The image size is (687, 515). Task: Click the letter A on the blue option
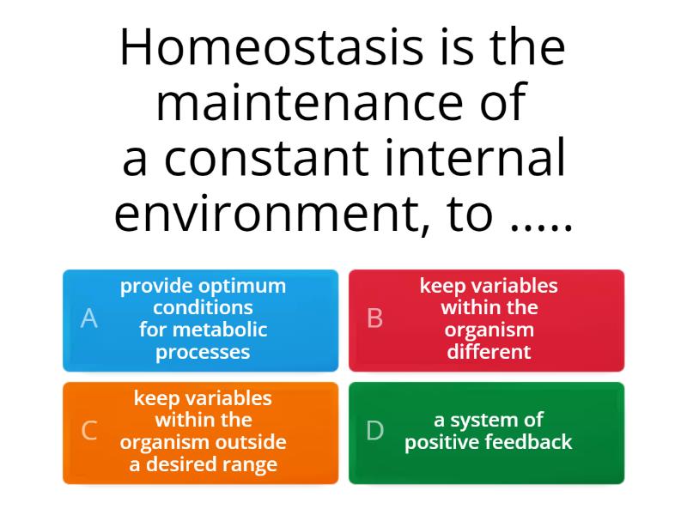pyautogui.click(x=88, y=318)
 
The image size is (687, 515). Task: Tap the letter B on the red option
pyautogui.click(x=375, y=318)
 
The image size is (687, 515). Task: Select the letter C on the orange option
pyautogui.click(x=88, y=431)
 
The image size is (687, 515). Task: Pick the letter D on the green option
pyautogui.click(x=375, y=431)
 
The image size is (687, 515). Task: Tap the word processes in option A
pyautogui.click(x=204, y=352)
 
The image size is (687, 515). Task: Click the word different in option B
pyautogui.click(x=489, y=352)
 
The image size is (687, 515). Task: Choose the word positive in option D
pyautogui.click(x=442, y=442)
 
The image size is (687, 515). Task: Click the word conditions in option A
pyautogui.click(x=204, y=307)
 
